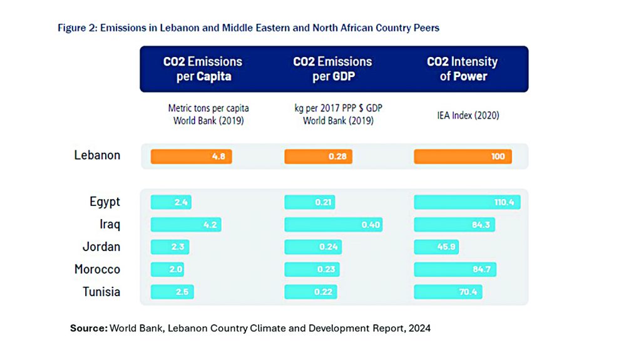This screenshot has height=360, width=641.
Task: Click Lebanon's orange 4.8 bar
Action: click(191, 156)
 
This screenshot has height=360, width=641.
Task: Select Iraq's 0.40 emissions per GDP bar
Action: click(333, 224)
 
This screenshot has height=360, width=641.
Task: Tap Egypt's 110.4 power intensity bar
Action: click(467, 202)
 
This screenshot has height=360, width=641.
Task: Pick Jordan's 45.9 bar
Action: click(436, 247)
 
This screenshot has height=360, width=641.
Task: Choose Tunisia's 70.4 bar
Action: click(448, 292)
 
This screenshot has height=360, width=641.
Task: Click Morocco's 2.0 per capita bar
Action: click(167, 269)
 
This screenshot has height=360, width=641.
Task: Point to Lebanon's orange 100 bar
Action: click(463, 156)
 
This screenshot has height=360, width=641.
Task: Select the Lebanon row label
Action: click(97, 155)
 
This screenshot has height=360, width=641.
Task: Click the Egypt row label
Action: click(105, 202)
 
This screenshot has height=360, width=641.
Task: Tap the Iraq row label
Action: click(110, 224)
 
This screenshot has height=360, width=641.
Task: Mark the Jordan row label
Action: click(101, 247)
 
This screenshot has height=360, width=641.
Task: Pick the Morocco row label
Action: click(97, 269)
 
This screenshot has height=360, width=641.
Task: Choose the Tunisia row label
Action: click(101, 292)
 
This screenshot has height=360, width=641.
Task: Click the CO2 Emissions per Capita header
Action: click(203, 69)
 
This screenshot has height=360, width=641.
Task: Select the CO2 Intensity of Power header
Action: click(462, 69)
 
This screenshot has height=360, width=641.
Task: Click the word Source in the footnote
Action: click(88, 328)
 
